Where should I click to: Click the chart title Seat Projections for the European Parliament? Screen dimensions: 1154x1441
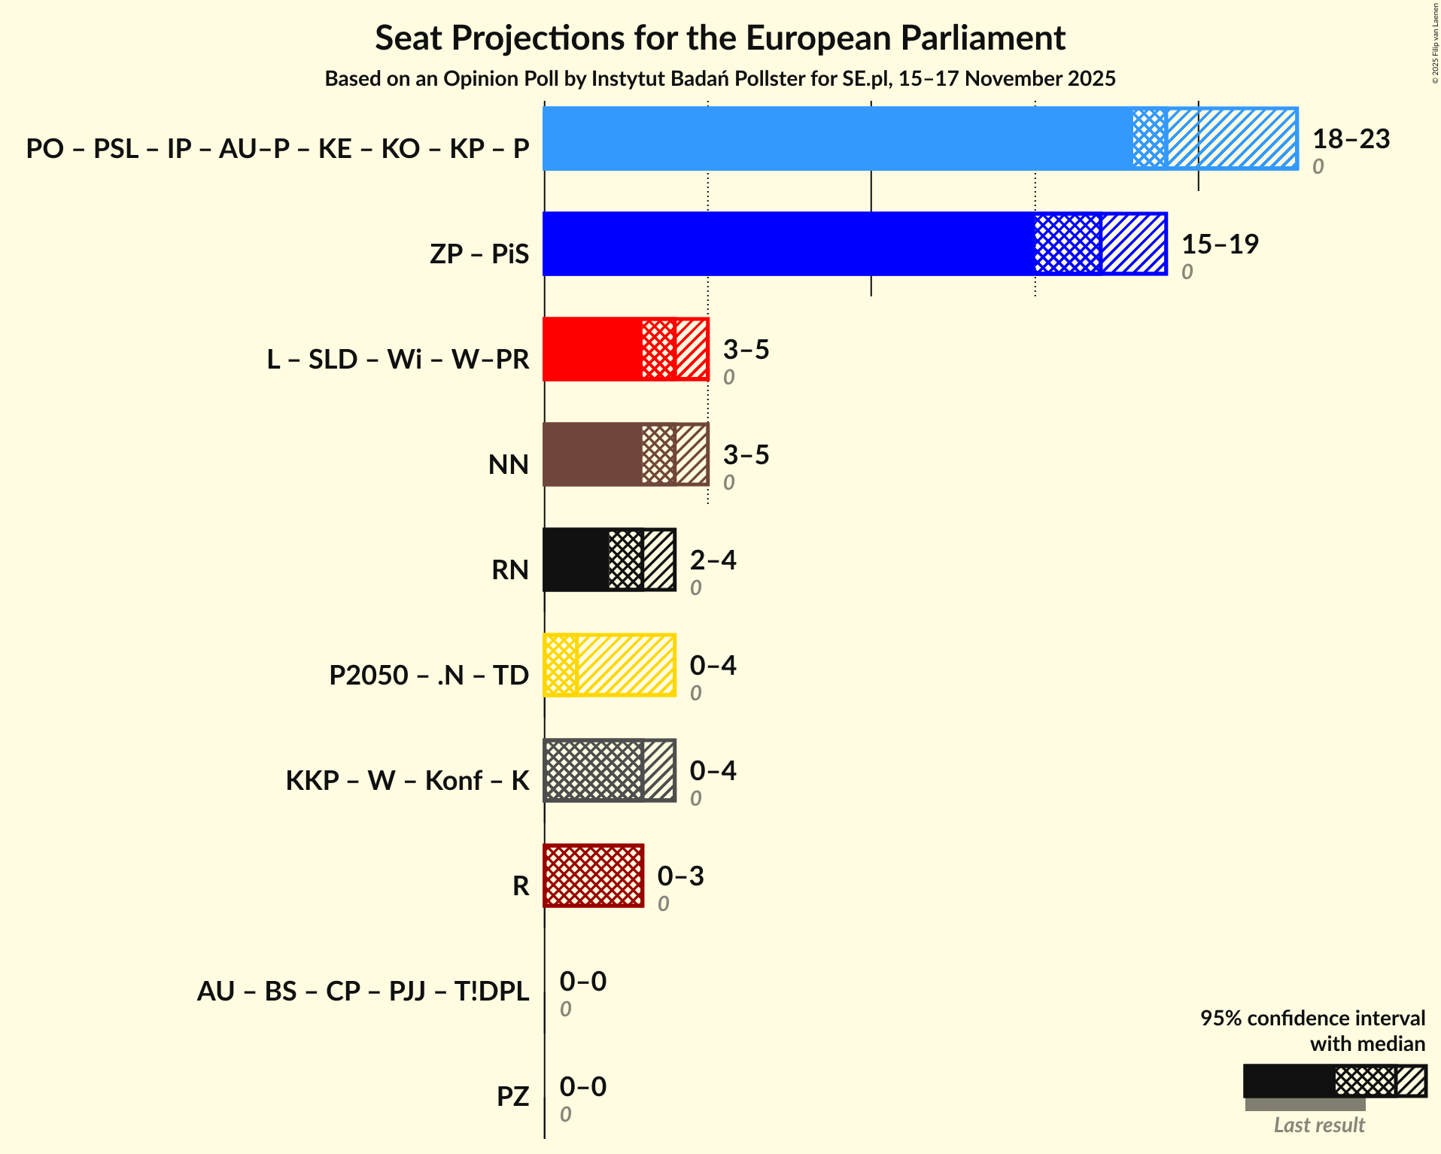[x=720, y=38]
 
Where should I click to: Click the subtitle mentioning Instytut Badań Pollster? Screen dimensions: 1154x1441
[x=720, y=79]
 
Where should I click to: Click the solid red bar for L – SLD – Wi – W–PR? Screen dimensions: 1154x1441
[x=592, y=349]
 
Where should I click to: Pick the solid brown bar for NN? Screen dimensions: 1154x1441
[x=592, y=454]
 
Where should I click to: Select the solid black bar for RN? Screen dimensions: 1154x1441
[x=576, y=560]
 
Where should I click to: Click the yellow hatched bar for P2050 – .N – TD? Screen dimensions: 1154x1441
[x=625, y=665]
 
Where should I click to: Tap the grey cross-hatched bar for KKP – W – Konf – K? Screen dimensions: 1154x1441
[x=593, y=770]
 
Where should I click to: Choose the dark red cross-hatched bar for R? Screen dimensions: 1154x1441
[x=593, y=876]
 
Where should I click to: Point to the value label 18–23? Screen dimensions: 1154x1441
[x=1351, y=139]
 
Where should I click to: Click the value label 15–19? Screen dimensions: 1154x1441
[x=1220, y=244]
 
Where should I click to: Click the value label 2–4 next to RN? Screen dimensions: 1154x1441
[x=713, y=560]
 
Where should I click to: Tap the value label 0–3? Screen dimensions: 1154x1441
[x=680, y=876]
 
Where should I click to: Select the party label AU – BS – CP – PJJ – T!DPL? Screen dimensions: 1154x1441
[x=363, y=992]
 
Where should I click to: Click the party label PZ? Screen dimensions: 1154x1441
[x=512, y=1097]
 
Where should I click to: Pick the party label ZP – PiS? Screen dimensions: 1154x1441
[x=479, y=254]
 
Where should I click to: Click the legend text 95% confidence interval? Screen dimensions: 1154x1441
[x=1312, y=1018]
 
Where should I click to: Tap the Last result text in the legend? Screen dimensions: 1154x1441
[x=1318, y=1125]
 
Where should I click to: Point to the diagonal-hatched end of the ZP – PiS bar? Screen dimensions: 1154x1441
[x=1133, y=244]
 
